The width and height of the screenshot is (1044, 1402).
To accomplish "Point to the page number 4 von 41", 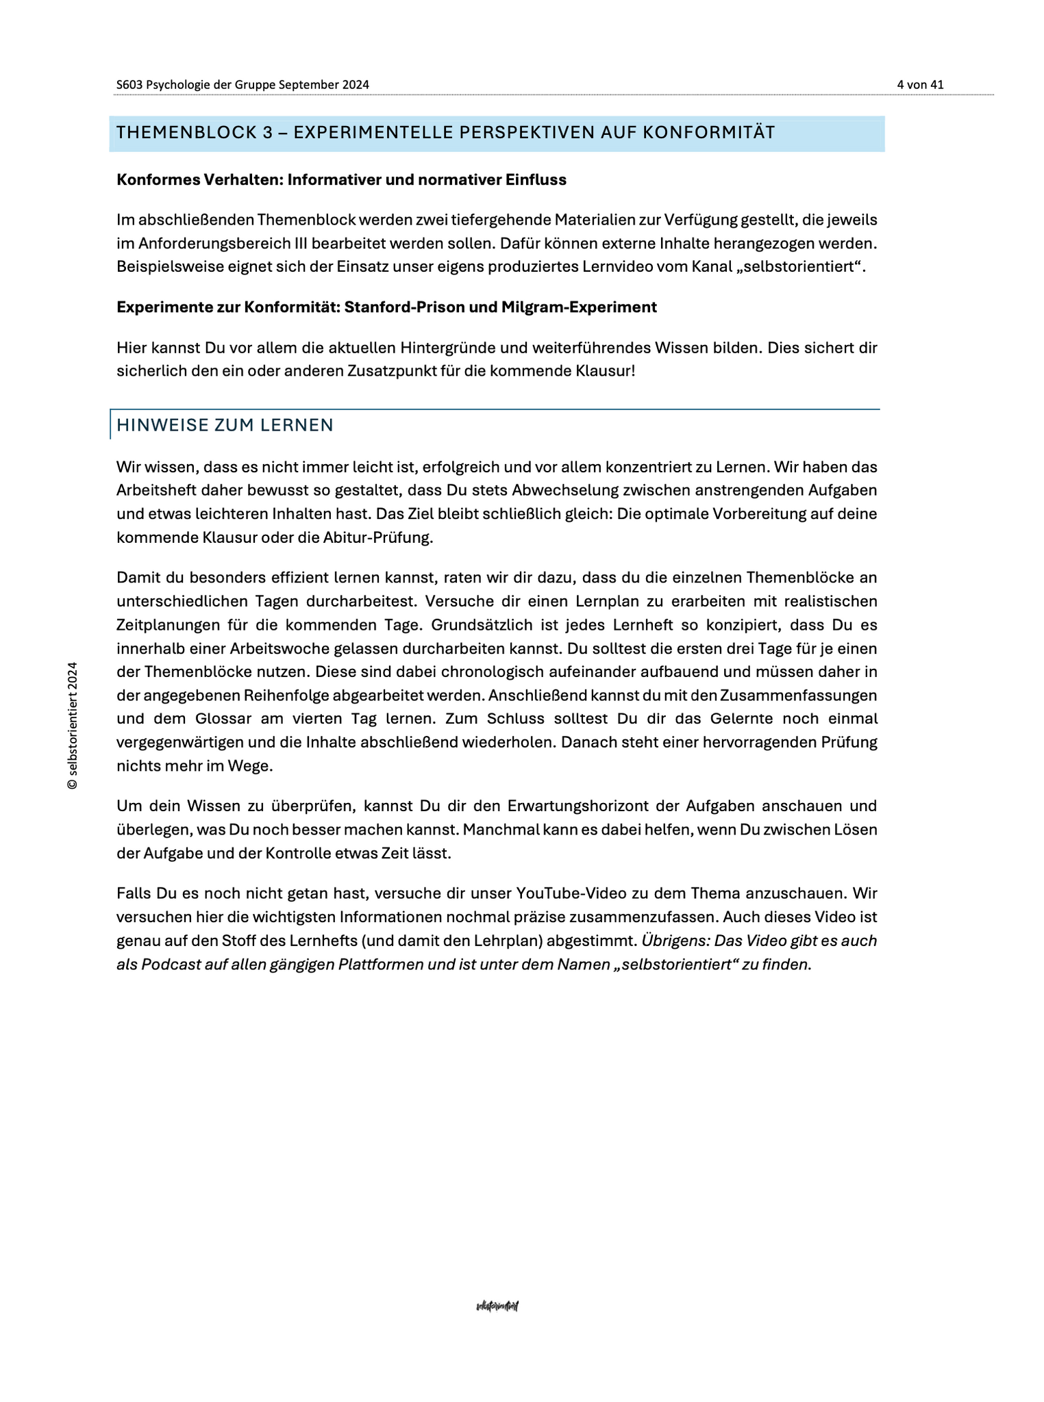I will coord(920,85).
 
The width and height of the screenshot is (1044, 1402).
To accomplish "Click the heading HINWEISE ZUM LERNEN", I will coord(225,425).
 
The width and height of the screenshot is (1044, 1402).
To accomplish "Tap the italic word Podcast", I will coord(171,965).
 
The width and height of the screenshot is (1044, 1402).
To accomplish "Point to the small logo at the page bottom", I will coord(497,1306).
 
